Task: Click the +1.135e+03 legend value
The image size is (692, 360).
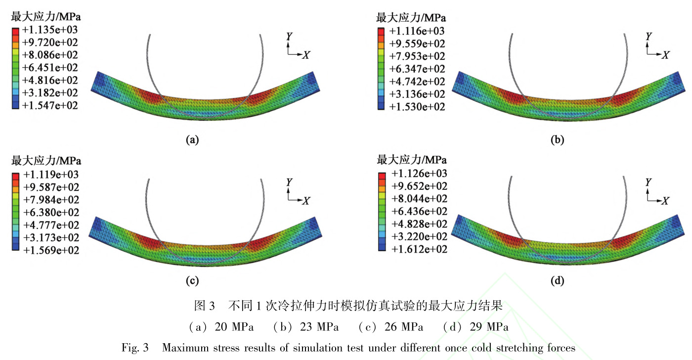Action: click(50, 30)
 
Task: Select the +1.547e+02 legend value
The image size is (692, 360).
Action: click(50, 106)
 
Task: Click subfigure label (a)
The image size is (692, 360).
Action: click(192, 140)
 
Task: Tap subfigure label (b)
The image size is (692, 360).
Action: click(557, 140)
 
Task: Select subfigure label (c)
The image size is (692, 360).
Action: click(192, 281)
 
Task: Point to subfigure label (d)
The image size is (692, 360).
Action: click(557, 281)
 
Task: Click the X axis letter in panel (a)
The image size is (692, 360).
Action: click(306, 55)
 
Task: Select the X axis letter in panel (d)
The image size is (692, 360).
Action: click(665, 201)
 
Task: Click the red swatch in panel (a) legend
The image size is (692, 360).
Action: click(15, 31)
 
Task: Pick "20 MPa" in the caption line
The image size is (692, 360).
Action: click(232, 327)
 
